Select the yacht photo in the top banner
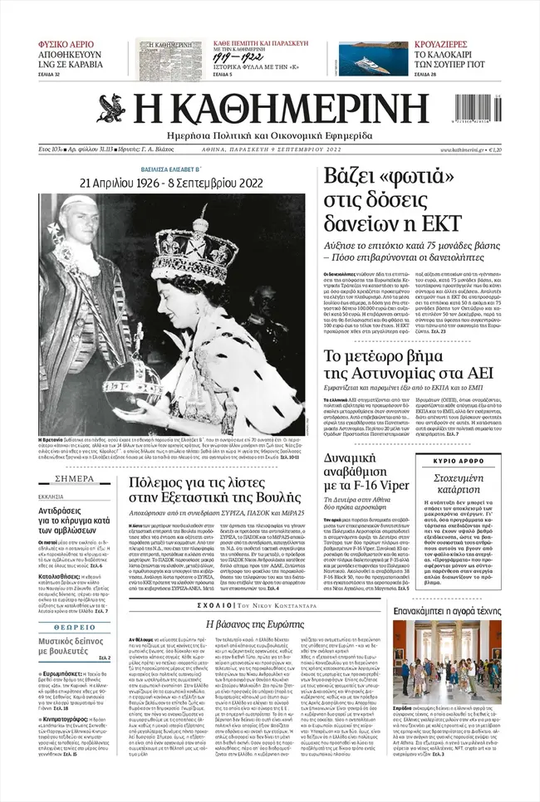pyautogui.click(x=361, y=59)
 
